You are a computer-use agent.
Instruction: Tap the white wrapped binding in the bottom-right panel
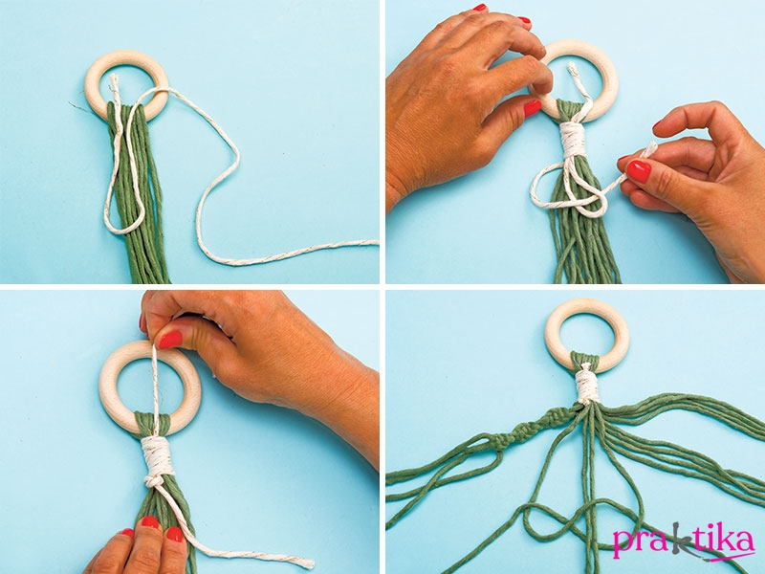[586, 386]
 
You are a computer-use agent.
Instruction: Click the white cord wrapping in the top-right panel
[573, 140]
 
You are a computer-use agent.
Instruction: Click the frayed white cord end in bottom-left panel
[303, 562]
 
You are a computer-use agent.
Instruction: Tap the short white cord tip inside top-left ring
[115, 84]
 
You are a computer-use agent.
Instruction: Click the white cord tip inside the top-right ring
[574, 71]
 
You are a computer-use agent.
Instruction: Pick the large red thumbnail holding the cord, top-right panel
[638, 171]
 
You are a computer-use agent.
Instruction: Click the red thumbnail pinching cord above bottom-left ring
[170, 340]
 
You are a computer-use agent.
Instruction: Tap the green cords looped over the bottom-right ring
[585, 360]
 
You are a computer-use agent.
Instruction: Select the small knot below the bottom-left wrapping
[154, 481]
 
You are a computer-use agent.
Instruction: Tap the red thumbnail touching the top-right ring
[533, 108]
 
